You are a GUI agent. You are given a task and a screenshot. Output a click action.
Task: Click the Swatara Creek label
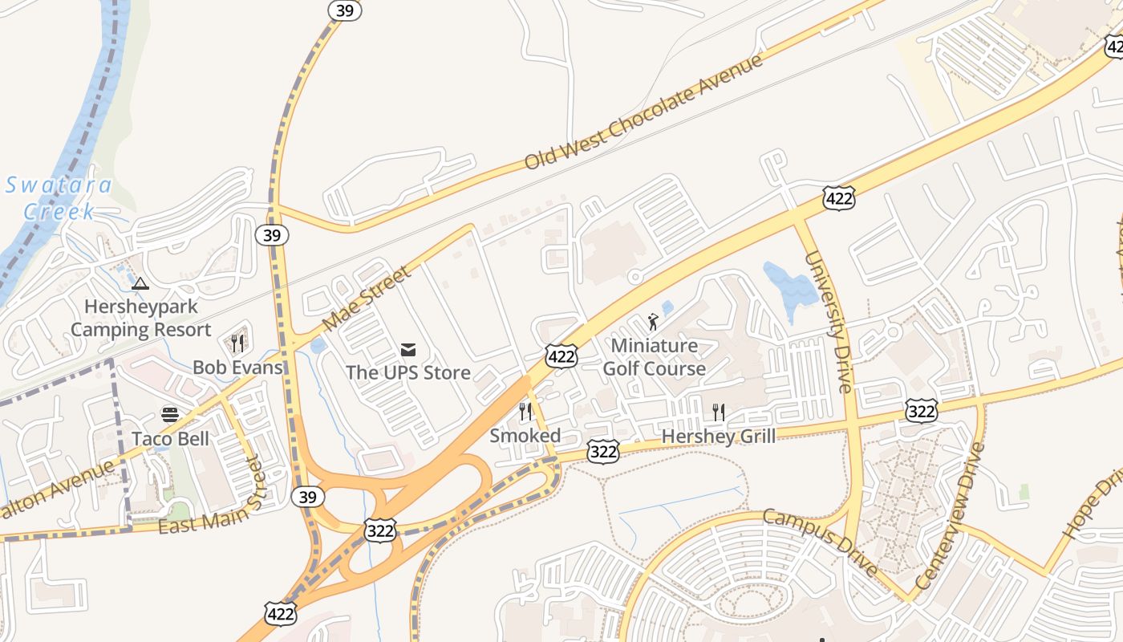coord(59,198)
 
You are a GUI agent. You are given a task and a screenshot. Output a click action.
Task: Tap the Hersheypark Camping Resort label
coord(141,318)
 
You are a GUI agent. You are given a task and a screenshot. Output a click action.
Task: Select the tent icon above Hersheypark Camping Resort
coord(140,282)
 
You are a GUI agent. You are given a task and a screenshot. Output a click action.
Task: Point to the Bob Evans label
coord(237,368)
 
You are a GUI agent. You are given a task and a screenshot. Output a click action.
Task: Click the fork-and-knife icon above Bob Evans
coord(237,343)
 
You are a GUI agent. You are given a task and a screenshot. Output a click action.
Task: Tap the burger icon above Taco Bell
coord(170,414)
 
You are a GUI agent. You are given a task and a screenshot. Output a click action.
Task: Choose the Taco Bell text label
coord(170,438)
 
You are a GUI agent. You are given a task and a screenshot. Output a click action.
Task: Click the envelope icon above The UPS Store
coord(408,349)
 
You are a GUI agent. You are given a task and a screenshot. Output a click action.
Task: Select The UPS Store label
coord(408,372)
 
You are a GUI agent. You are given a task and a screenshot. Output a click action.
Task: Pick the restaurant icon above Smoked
coord(525,412)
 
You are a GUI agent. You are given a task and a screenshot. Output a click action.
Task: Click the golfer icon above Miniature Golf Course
coord(654,323)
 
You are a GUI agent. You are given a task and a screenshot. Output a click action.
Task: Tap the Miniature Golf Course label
coord(655,357)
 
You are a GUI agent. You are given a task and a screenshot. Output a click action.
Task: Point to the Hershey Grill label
coord(719,437)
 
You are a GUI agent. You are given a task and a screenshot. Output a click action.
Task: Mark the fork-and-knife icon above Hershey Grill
coord(719,412)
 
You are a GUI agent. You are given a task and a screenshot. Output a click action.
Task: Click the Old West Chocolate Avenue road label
coord(643,112)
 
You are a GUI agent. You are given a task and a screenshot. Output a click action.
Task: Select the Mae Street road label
coord(367,299)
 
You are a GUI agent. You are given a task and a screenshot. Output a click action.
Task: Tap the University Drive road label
coord(827,321)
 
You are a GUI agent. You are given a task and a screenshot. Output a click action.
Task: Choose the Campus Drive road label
coord(819,542)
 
